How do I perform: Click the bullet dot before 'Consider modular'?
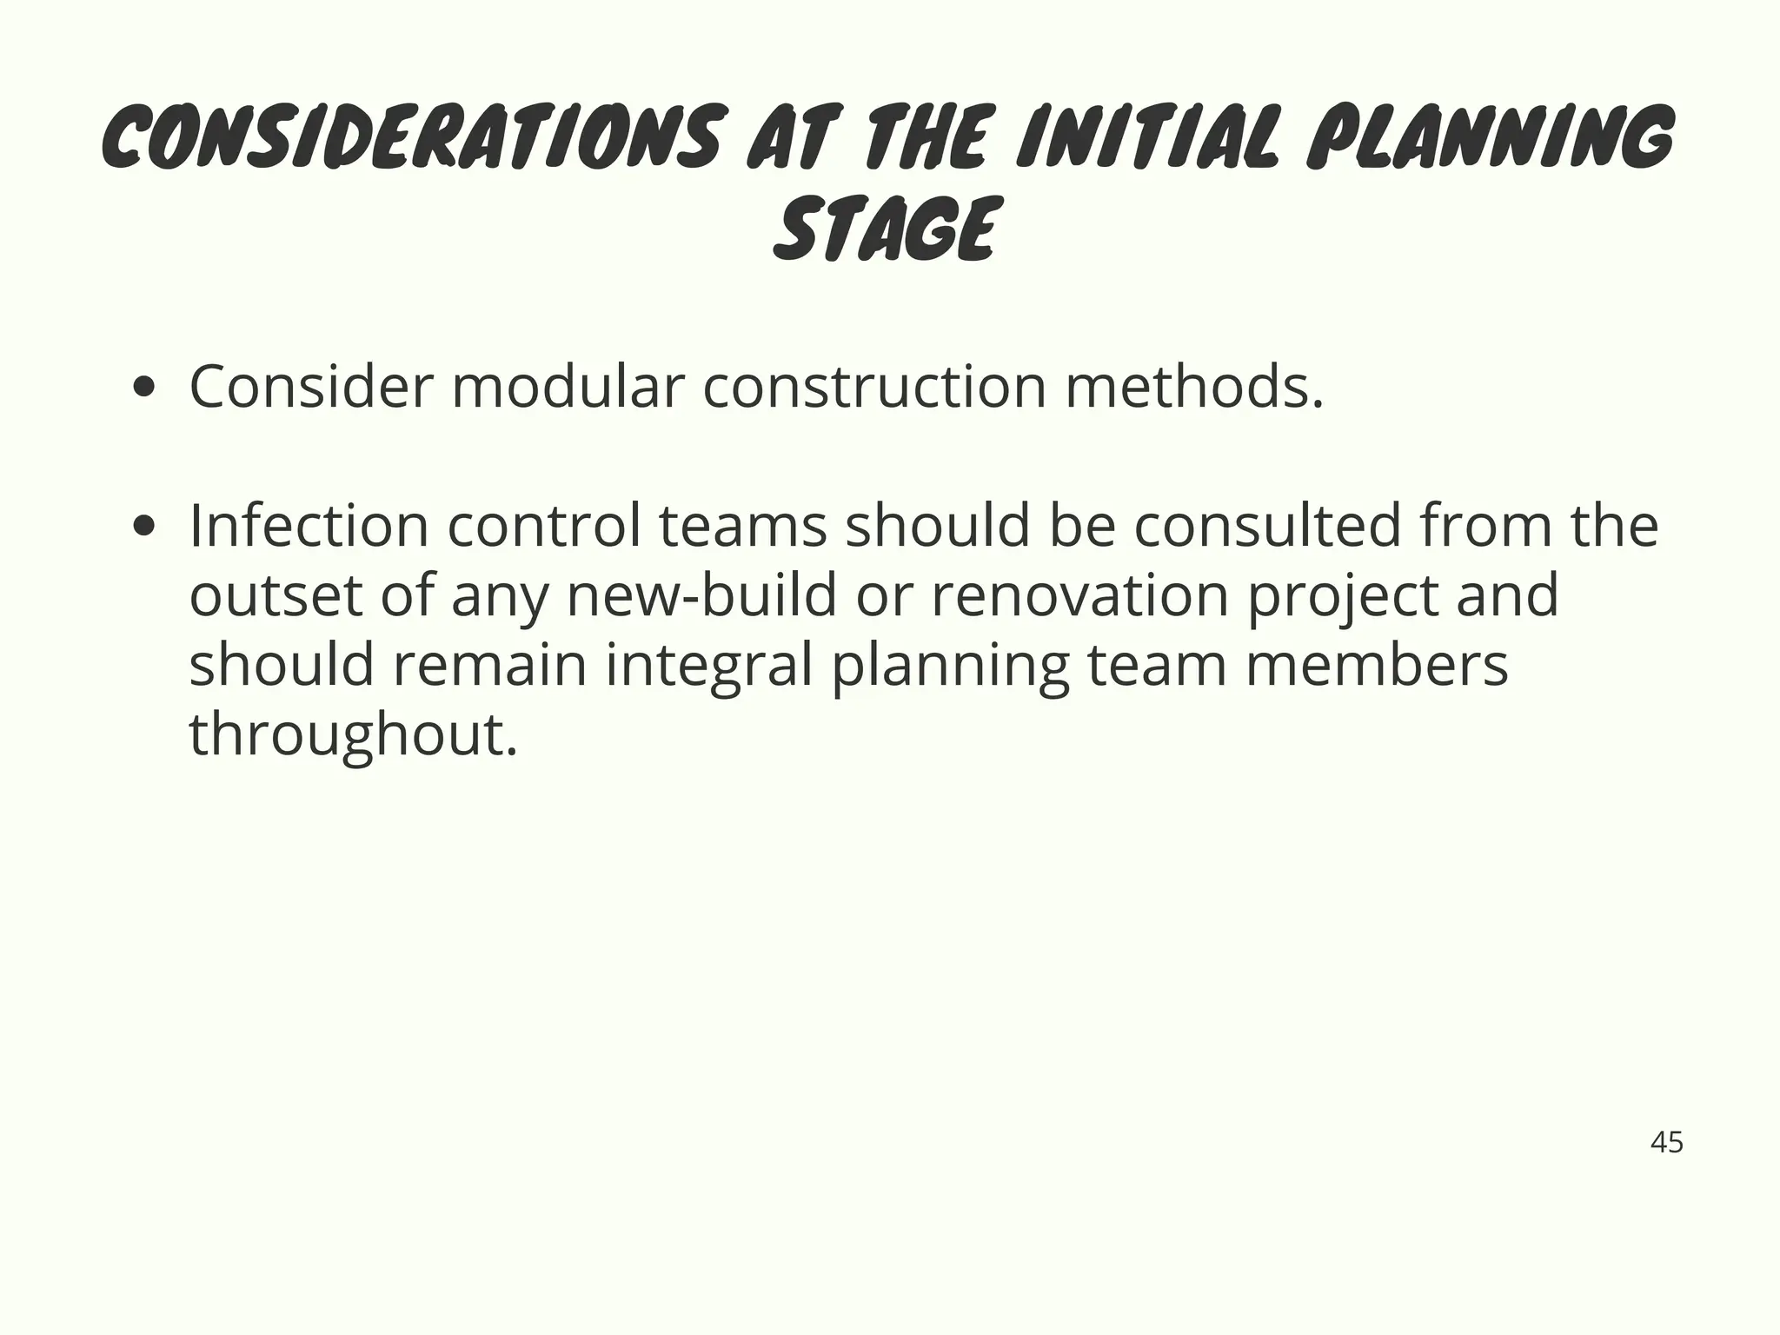pyautogui.click(x=144, y=388)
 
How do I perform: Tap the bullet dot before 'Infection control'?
pyautogui.click(x=144, y=527)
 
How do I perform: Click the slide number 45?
pyautogui.click(x=1666, y=1142)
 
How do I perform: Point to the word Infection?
pyautogui.click(x=309, y=526)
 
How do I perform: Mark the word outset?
pyautogui.click(x=276, y=596)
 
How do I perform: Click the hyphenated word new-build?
pyautogui.click(x=701, y=596)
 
